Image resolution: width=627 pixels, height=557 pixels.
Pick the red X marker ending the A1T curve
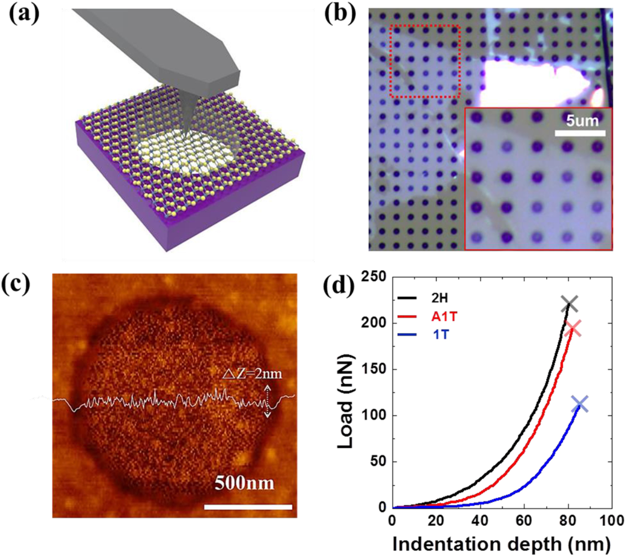pos(573,329)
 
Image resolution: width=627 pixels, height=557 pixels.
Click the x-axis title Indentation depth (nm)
pos(502,545)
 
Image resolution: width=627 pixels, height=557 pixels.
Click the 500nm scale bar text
pos(244,483)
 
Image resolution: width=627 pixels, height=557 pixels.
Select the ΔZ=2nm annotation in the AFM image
pos(252,373)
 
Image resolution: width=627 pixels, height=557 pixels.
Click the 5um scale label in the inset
pos(582,120)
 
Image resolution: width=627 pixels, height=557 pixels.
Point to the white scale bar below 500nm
pos(248,507)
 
